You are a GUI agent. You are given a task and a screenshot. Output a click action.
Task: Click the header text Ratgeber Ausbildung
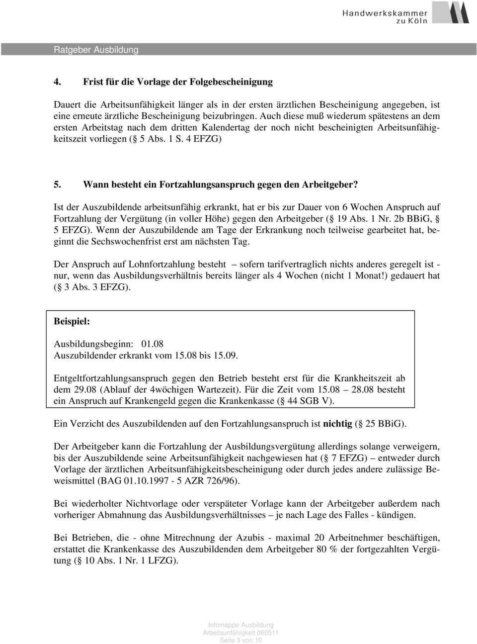[96, 50]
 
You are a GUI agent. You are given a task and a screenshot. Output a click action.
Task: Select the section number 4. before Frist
[58, 82]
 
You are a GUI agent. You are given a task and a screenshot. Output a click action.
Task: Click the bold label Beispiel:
[72, 322]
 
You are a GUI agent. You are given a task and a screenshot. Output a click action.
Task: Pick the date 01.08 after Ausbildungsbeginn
[152, 344]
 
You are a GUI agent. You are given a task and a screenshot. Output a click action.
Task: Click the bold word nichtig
[337, 424]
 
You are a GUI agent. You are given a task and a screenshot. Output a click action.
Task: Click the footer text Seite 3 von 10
[240, 640]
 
